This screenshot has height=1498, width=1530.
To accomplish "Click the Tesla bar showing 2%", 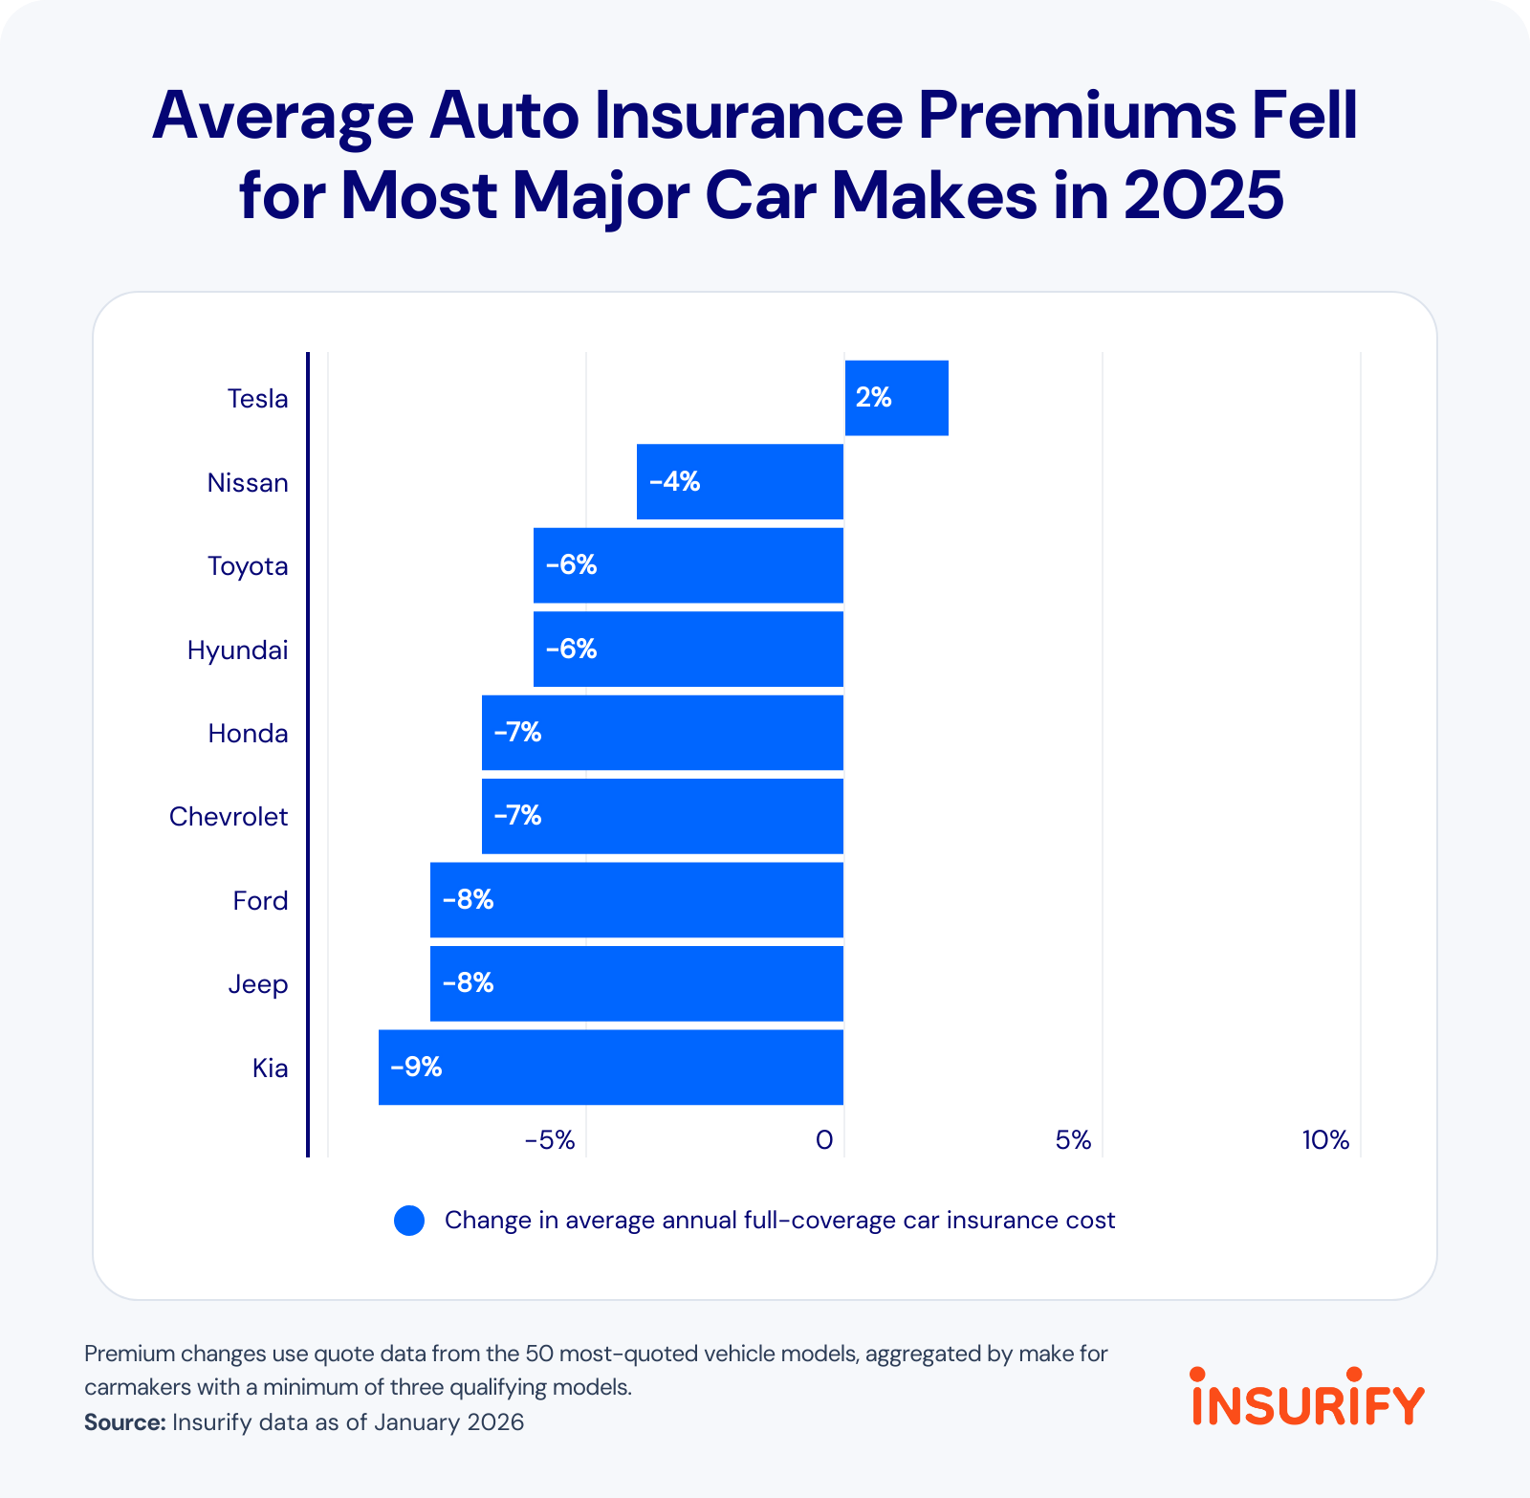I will point(896,398).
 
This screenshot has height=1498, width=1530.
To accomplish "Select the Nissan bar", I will point(739,482).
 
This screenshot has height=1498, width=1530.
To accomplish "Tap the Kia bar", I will point(610,1068).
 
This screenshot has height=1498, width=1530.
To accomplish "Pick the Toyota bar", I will point(688,565).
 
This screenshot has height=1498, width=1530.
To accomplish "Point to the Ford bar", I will point(636,900).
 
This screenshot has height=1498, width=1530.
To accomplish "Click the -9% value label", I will point(416,1067).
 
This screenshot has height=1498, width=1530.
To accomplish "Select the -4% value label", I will point(674,482).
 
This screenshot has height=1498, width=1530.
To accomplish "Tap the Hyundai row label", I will point(237,650).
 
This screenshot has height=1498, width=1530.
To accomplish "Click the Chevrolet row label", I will point(229,817).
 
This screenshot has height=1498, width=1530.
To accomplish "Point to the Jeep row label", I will point(257,984).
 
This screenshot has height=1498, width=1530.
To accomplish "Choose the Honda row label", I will point(248,734).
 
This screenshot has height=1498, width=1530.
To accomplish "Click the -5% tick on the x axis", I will point(550,1140).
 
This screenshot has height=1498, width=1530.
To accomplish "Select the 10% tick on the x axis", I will point(1324,1140).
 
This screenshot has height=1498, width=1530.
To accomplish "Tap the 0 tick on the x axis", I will point(823,1140).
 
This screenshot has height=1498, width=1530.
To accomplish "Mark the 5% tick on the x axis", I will point(1073,1140).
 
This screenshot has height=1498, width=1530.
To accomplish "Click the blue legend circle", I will point(409,1221).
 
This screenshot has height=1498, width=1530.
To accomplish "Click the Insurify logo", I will point(1307,1397).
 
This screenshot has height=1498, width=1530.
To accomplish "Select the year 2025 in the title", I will point(1203,196).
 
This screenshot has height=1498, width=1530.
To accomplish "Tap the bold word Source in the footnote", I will point(124,1422).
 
